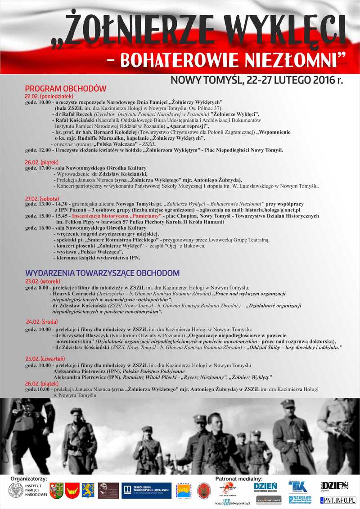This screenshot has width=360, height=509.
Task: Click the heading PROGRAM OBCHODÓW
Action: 66,89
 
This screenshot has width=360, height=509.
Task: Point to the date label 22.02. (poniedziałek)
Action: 49,96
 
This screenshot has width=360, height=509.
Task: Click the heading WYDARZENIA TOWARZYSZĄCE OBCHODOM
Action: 102,273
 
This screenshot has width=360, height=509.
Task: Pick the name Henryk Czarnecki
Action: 74,294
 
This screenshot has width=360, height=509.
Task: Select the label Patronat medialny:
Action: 239,479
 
